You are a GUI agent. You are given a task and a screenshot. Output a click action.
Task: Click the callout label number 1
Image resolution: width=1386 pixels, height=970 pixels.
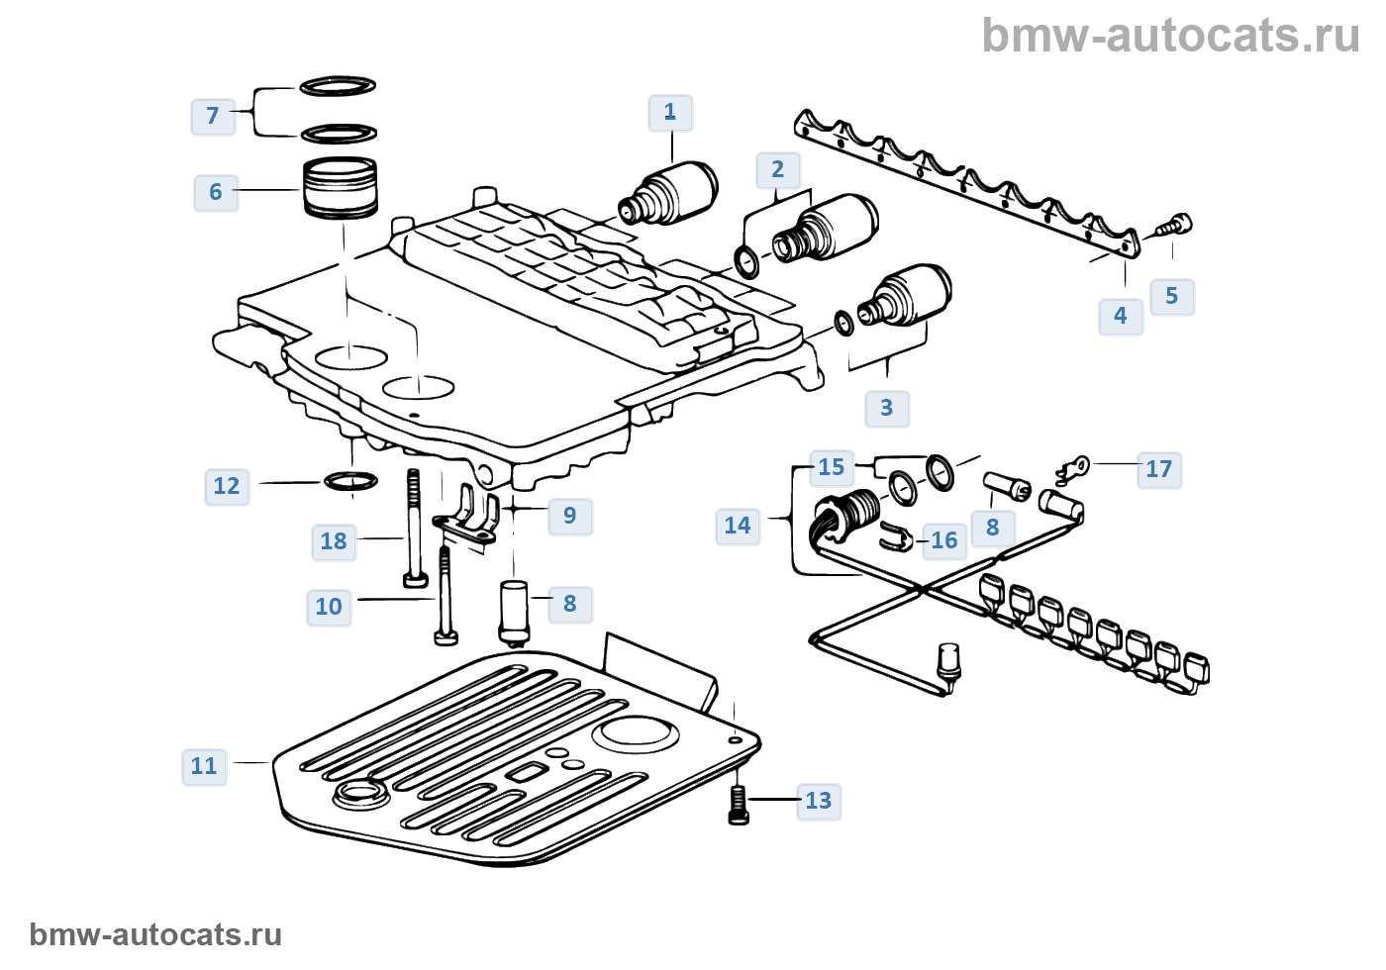(670, 113)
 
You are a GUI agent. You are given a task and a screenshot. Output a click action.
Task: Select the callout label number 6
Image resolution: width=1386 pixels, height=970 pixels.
(216, 192)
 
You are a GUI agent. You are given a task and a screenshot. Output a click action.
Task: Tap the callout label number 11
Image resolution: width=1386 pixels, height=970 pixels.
(204, 766)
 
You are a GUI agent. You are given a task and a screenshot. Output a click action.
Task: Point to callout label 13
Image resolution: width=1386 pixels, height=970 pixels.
(819, 801)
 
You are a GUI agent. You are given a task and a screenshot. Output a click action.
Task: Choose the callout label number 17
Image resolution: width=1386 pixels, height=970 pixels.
(1159, 469)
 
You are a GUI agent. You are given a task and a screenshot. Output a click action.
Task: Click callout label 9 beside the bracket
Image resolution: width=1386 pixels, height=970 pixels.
(570, 516)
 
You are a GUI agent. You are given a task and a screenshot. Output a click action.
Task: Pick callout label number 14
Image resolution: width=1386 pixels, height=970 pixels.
(738, 526)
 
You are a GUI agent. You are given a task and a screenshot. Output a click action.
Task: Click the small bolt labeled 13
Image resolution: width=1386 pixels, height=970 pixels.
(739, 804)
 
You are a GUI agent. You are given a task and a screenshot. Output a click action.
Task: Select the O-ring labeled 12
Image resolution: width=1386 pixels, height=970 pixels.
(350, 482)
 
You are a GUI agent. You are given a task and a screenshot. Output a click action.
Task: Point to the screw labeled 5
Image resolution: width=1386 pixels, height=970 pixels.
(1176, 226)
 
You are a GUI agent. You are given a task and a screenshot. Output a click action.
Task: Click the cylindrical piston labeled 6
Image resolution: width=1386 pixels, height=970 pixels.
(340, 187)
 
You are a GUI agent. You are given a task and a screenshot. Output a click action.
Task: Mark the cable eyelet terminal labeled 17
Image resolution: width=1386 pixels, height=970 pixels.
(1073, 465)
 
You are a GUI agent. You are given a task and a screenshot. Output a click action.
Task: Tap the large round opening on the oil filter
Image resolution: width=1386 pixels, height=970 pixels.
(635, 732)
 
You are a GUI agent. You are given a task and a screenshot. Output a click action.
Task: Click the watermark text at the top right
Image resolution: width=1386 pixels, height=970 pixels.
(1170, 37)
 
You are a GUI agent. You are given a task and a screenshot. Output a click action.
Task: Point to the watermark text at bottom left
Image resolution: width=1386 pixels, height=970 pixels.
(155, 934)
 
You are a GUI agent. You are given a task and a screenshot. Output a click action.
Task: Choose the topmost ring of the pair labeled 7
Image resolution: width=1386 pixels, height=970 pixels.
(338, 86)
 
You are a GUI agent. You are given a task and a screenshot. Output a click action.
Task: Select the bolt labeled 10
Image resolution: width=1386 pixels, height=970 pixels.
(445, 597)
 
